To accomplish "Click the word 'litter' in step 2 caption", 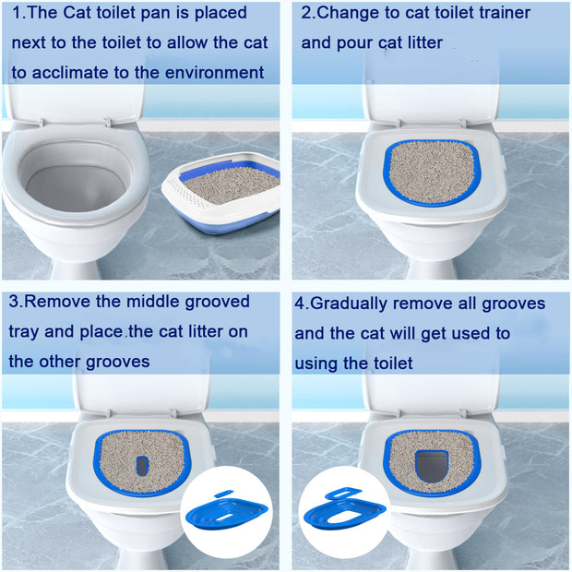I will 420,42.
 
